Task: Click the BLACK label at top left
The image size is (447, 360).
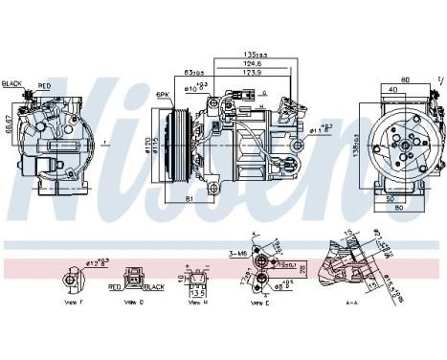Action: coord(11,83)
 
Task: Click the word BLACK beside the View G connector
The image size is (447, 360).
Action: coord(152,285)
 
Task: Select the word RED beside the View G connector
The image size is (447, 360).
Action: coord(114,285)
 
